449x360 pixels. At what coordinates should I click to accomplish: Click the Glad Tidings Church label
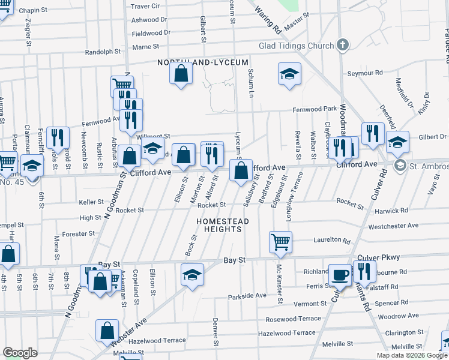[296, 46]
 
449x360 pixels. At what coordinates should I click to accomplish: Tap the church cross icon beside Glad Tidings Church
[343, 45]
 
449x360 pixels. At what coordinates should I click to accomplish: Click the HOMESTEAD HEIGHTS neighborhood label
[222, 226]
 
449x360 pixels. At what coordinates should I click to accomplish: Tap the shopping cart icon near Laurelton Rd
[280, 242]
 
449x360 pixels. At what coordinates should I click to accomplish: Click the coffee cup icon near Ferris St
[340, 274]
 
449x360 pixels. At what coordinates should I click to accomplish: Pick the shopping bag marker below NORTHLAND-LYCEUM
[181, 74]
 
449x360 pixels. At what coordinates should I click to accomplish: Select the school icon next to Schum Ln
[289, 74]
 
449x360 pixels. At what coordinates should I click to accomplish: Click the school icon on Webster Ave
[191, 275]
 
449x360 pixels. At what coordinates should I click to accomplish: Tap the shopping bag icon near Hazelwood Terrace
[107, 330]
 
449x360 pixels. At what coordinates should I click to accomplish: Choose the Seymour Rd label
[365, 73]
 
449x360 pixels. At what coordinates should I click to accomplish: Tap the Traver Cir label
[145, 6]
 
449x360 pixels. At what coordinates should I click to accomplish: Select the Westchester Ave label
[393, 226]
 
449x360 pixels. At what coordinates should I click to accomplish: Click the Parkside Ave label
[247, 296]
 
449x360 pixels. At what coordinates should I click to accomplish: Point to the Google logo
[20, 353]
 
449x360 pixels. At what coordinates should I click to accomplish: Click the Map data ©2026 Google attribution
[412, 355]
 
